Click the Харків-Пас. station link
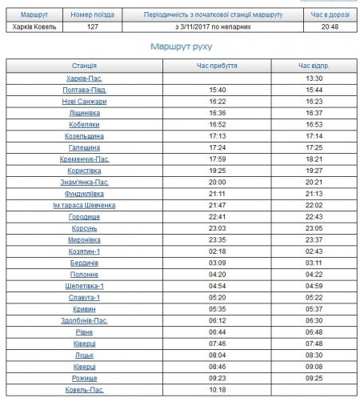click(84, 78)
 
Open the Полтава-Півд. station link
click(84, 90)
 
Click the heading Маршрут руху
click(180, 47)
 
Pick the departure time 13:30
click(314, 78)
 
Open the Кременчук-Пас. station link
click(84, 159)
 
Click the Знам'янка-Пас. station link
click(84, 182)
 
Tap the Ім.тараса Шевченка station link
click(84, 205)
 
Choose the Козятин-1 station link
click(84, 251)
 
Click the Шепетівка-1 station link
click(84, 285)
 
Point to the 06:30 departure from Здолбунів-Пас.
click(314, 320)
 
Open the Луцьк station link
click(84, 355)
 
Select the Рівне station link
click(84, 332)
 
